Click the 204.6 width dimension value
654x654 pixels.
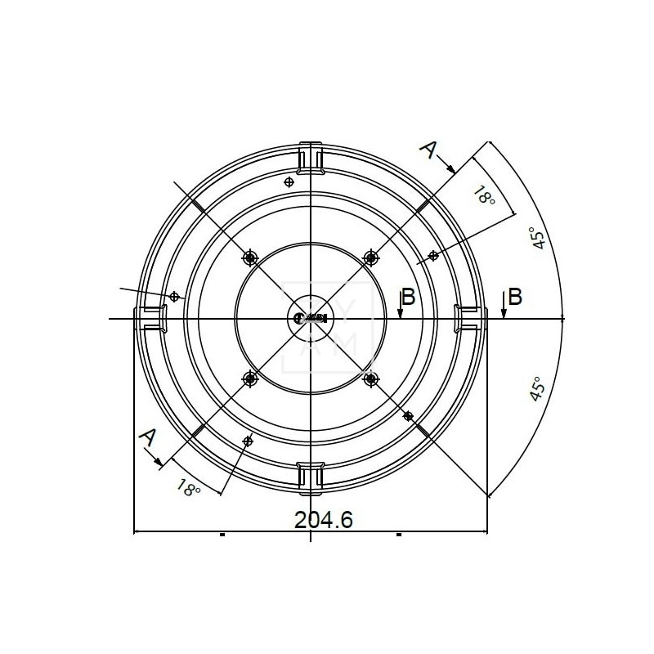click(311, 521)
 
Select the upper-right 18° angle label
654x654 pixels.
click(485, 195)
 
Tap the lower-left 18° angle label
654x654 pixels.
click(187, 488)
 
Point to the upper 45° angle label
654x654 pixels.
click(538, 240)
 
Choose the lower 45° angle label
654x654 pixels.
click(537, 389)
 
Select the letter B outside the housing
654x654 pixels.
click(514, 297)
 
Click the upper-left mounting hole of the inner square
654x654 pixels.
click(250, 258)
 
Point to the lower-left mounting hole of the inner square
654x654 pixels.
click(250, 379)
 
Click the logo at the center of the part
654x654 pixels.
click(311, 318)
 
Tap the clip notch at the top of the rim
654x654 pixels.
click(311, 159)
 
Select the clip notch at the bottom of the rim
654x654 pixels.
click(311, 477)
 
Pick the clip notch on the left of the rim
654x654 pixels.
click(151, 317)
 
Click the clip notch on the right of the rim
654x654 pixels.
click(469, 317)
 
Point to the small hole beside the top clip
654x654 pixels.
click(287, 181)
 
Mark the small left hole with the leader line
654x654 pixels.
click(174, 296)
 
